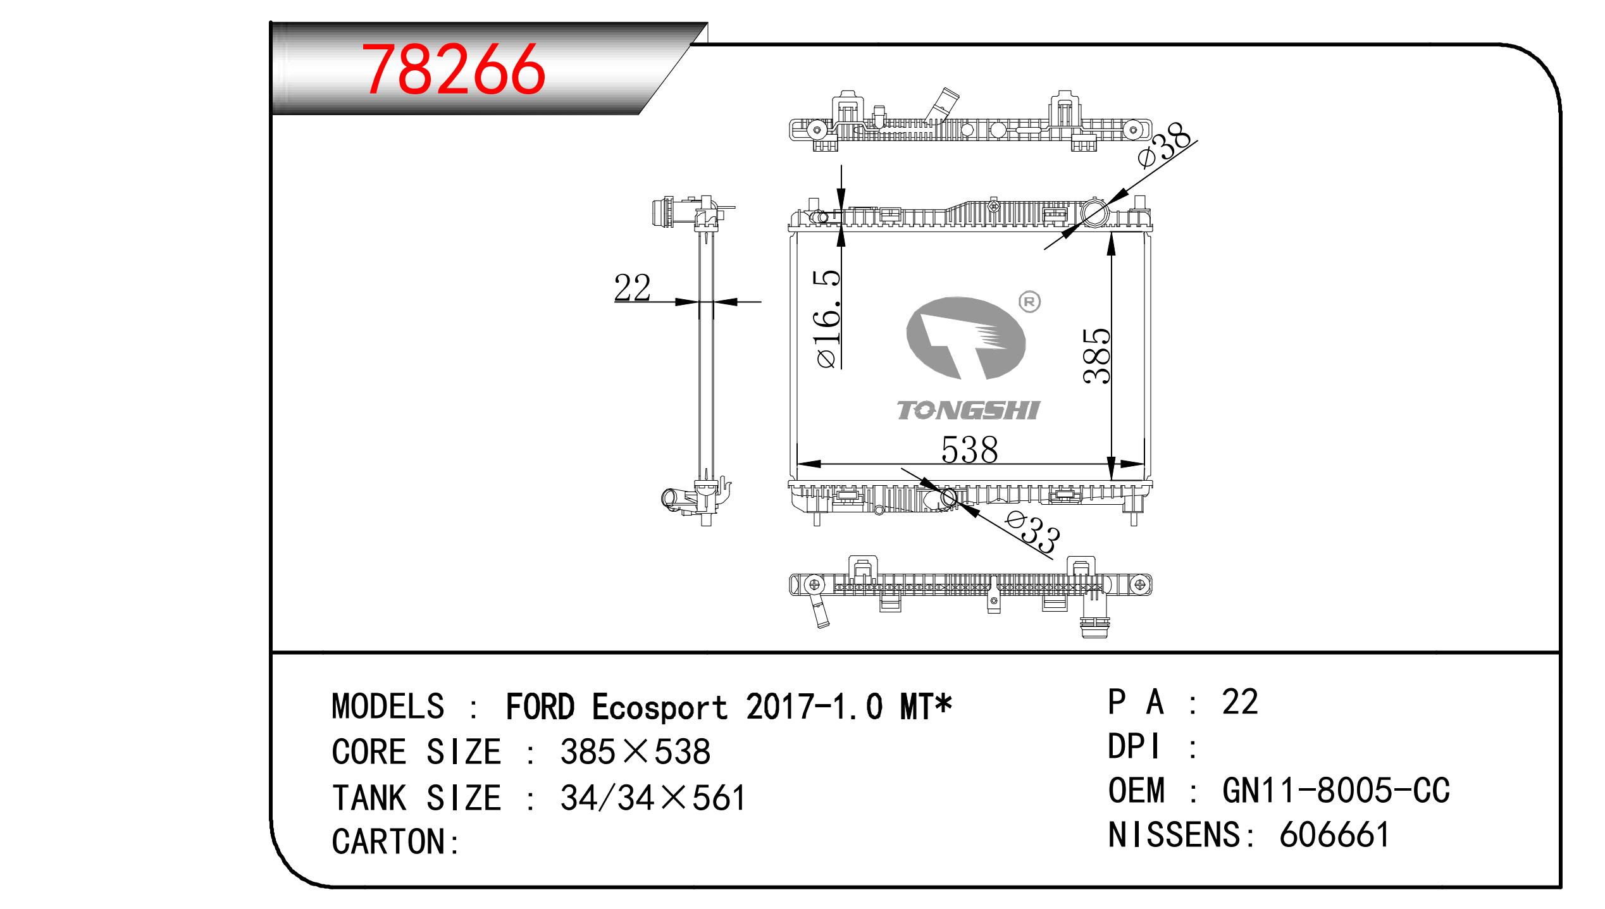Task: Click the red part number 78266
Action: pos(455,70)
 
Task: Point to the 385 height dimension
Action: pos(1096,356)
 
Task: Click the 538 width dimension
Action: pos(969,450)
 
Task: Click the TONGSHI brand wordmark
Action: pos(968,411)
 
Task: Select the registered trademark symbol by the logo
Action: pos(1029,303)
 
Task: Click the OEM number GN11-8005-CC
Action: pos(1335,791)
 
